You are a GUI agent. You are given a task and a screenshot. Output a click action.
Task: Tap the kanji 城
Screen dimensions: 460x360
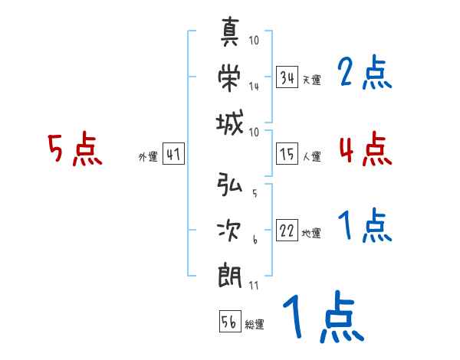231,120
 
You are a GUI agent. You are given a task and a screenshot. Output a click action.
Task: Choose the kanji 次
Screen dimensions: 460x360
231,230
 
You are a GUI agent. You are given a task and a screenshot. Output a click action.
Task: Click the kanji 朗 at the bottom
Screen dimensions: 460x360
231,274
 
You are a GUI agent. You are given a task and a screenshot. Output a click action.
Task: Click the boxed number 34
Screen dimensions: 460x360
287,77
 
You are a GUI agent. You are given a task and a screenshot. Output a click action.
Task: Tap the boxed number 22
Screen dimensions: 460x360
287,231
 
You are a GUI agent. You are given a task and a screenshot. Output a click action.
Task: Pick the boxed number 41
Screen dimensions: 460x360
173,155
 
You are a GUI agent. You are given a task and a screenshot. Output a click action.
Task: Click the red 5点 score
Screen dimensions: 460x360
74,149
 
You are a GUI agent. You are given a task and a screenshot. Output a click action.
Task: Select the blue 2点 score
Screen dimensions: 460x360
364,74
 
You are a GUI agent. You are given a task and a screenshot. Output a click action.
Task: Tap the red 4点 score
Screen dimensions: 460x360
365,149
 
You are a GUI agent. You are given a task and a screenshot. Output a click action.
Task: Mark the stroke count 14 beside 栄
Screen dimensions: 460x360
254,86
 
